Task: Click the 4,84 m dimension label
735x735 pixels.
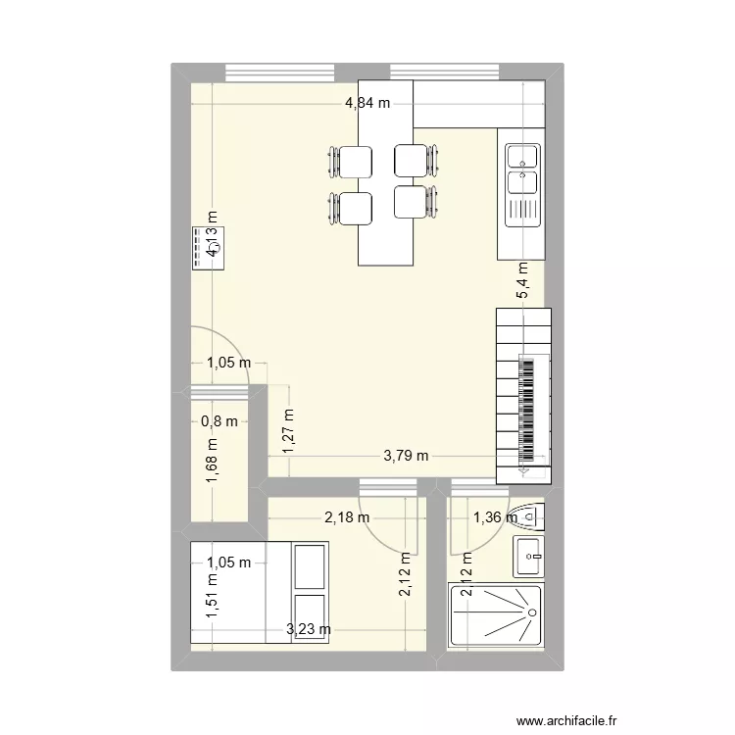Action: [367, 102]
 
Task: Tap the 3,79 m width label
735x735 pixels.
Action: [406, 456]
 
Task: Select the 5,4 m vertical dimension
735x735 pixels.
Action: [523, 280]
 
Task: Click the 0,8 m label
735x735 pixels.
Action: [219, 422]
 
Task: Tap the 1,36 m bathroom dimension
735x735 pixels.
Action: [496, 517]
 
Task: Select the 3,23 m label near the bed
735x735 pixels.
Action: [308, 629]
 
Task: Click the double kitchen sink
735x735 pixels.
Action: [522, 169]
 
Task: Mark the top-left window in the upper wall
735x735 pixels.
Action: [280, 72]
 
